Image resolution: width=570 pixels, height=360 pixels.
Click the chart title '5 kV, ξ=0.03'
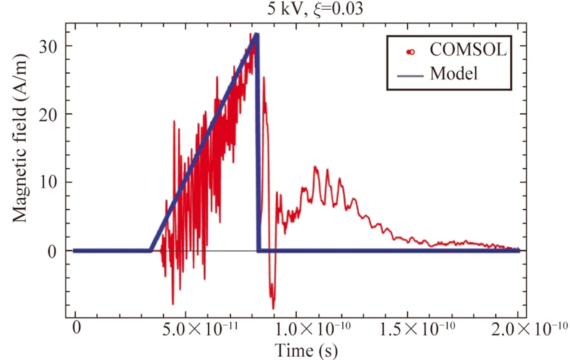315,9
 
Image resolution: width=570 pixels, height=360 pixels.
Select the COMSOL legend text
468,50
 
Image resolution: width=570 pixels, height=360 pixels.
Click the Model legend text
454,74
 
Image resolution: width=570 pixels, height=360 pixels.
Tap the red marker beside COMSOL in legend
410,52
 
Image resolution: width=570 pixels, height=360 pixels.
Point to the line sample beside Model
410,76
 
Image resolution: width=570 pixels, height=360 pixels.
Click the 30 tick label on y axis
48,47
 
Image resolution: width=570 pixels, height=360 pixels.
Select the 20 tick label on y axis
48,115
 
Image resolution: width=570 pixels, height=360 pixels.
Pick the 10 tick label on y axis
48,183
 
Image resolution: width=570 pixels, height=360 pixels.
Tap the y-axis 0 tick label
52,252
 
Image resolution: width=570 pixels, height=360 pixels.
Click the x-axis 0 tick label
76,328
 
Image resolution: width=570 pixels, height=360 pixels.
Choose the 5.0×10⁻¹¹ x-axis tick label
200,329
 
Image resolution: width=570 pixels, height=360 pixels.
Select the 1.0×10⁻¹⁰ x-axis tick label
313,329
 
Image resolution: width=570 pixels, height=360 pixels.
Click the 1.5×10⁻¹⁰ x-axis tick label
417,329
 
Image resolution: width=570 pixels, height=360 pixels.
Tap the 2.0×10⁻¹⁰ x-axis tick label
529,329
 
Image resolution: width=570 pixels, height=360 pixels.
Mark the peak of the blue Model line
256,35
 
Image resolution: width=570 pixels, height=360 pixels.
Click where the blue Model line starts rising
150,251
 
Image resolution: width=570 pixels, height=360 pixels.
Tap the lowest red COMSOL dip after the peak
273,308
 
